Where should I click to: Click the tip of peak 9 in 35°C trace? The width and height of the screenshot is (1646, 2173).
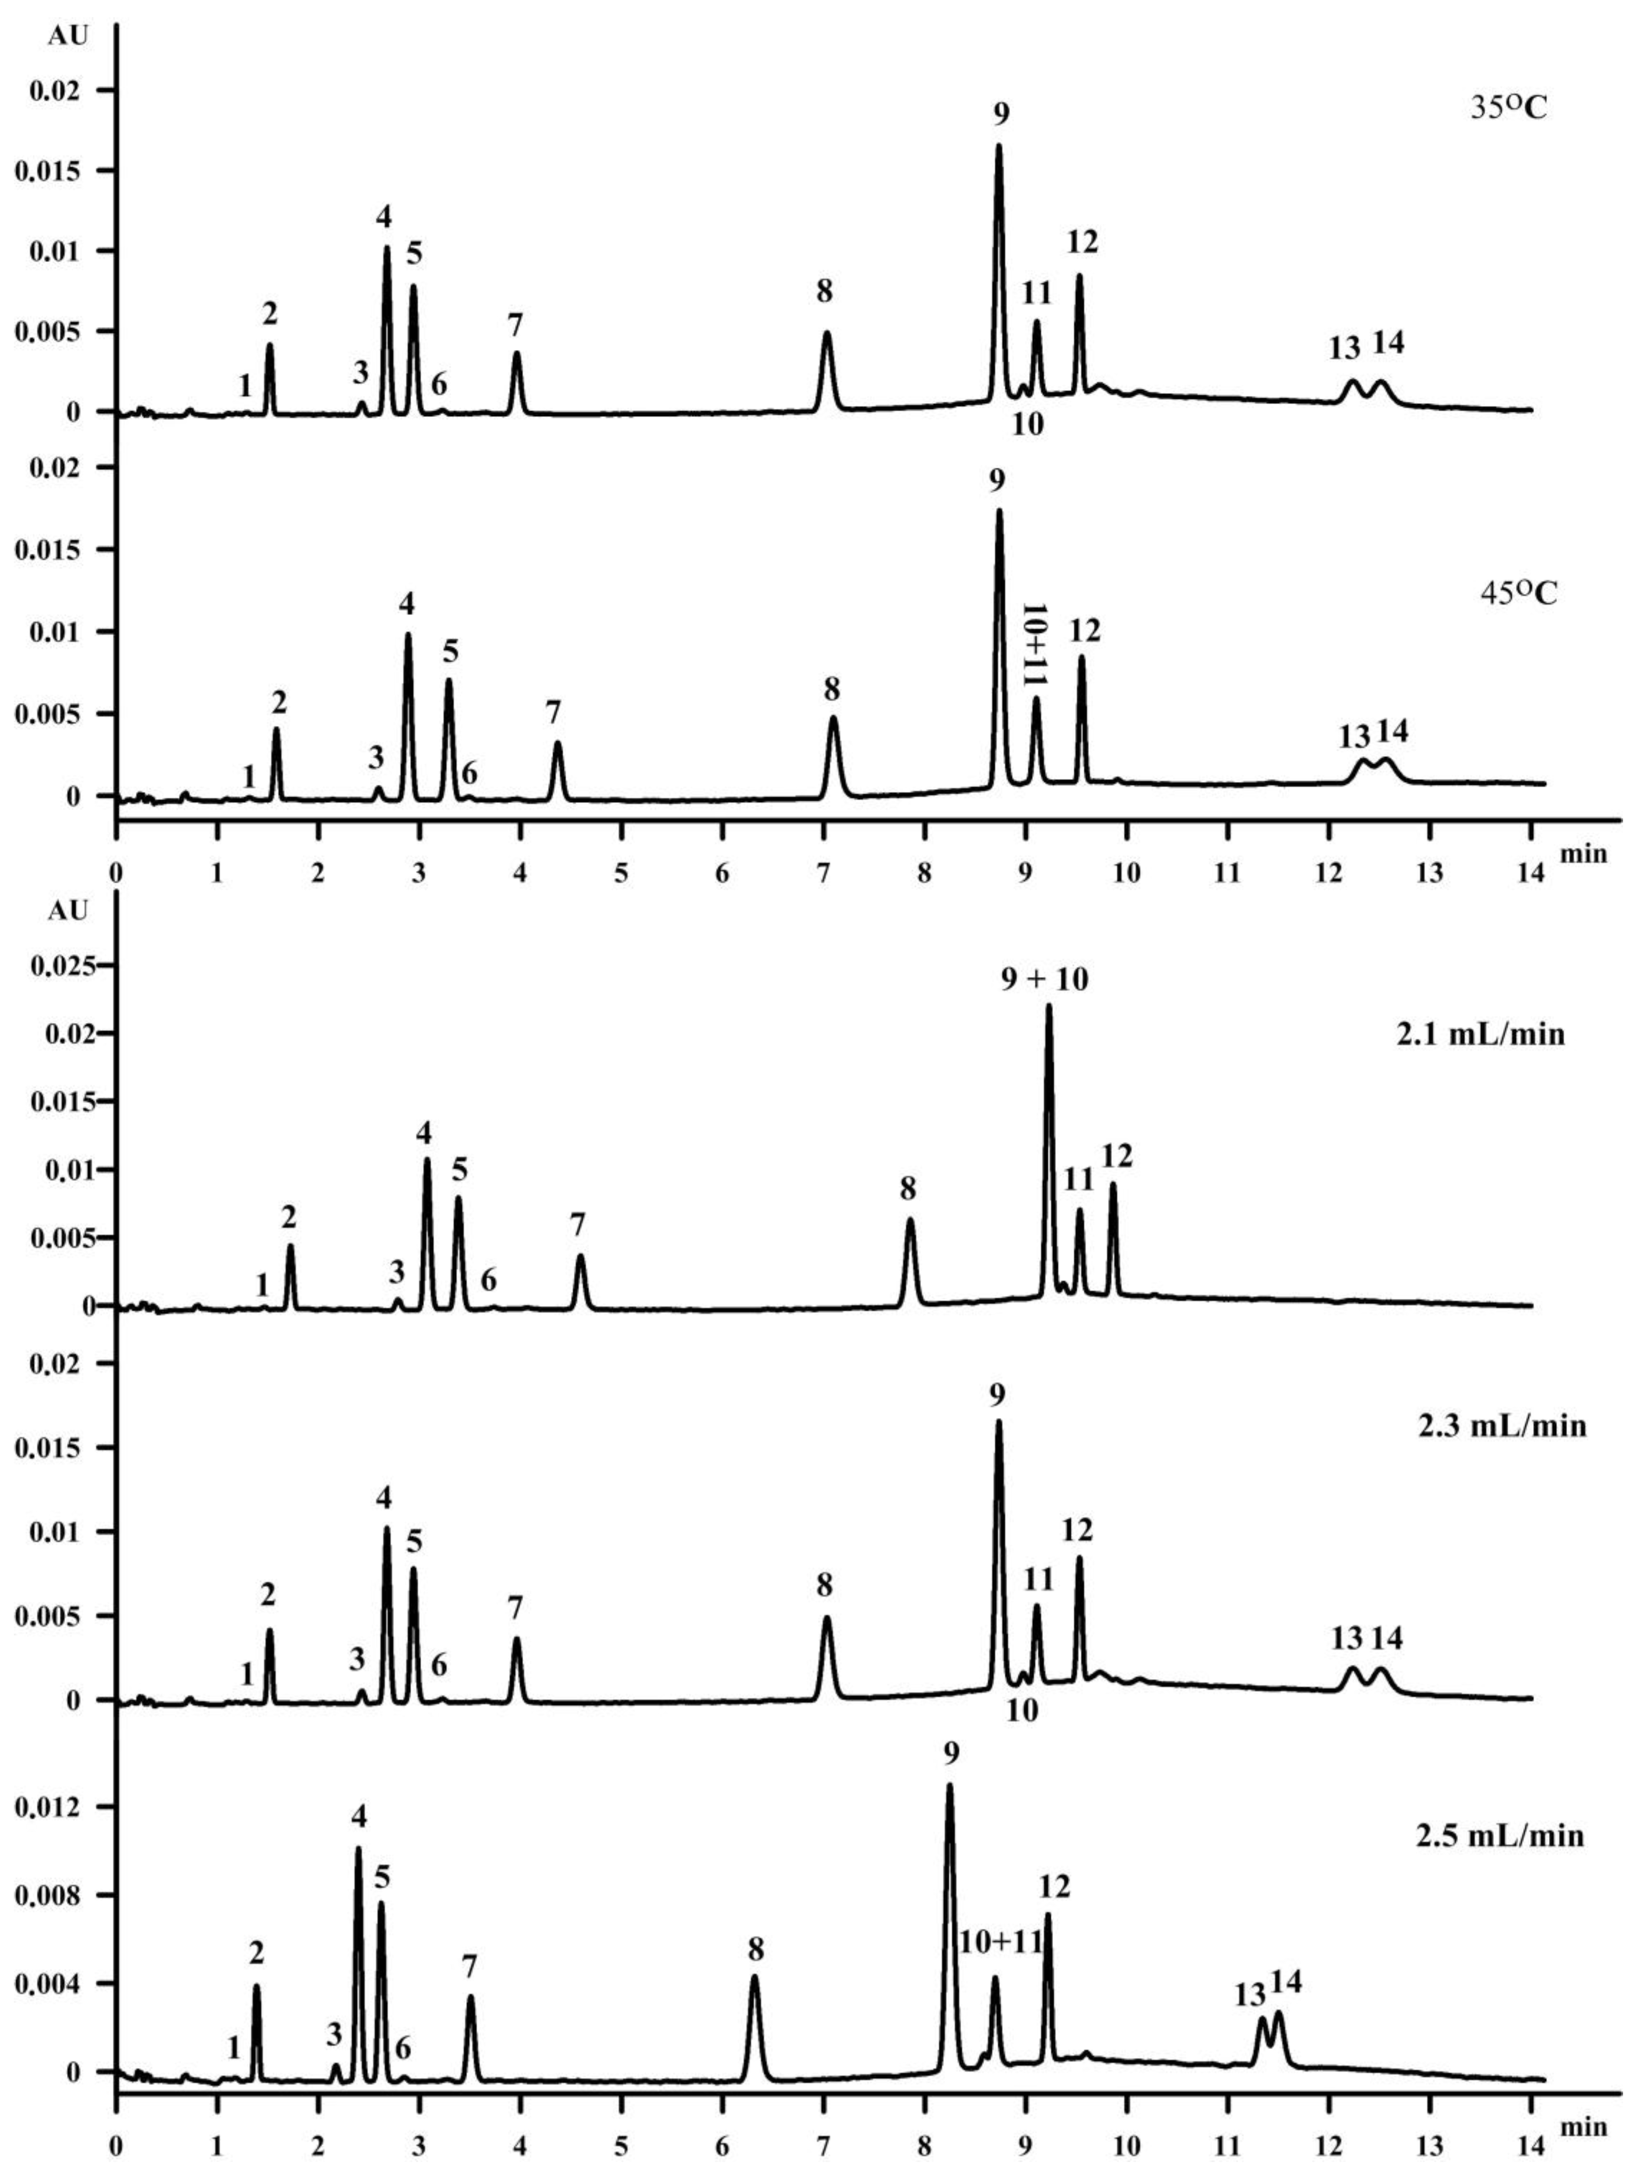pos(999,145)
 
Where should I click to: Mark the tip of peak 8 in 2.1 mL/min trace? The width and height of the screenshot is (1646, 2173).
pos(910,1220)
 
